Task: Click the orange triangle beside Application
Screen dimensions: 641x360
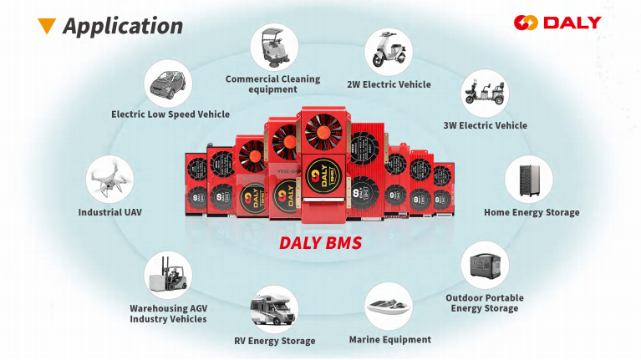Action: [47, 25]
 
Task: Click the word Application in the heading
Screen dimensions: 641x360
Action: [123, 27]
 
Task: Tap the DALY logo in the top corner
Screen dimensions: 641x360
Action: [557, 23]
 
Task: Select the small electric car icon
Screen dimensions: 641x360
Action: [168, 84]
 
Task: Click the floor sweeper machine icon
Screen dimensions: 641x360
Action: [274, 48]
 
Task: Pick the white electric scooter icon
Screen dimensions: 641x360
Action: [389, 52]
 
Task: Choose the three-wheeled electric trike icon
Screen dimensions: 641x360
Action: [485, 94]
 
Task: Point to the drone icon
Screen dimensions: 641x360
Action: [109, 180]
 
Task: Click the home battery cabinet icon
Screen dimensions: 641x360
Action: [528, 180]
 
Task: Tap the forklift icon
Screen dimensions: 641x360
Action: [168, 275]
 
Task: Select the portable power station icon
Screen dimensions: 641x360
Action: [485, 265]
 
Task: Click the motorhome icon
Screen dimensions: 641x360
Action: [274, 309]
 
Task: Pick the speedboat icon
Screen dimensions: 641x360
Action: [389, 306]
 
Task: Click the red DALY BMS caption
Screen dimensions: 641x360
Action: [321, 243]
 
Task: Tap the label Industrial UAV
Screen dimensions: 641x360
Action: [110, 212]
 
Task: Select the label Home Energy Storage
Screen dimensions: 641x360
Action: [532, 212]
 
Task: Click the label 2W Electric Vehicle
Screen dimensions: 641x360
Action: [389, 84]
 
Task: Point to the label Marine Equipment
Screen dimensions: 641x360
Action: [390, 340]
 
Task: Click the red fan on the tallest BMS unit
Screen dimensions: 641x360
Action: [323, 132]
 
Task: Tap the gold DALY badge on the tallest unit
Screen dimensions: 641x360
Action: [323, 176]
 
